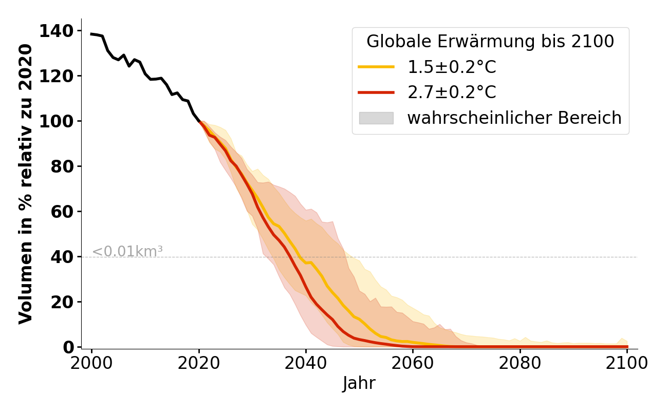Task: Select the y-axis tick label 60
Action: click(61, 212)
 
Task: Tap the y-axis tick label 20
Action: click(61, 302)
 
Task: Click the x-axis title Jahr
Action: click(359, 383)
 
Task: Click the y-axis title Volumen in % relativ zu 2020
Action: click(26, 184)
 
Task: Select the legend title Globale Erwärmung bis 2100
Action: click(490, 42)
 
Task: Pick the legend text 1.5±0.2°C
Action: click(452, 67)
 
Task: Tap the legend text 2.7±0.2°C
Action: click(452, 92)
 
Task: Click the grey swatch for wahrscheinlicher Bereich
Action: click(376, 118)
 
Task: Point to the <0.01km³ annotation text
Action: click(127, 252)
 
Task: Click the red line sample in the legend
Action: click(376, 92)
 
